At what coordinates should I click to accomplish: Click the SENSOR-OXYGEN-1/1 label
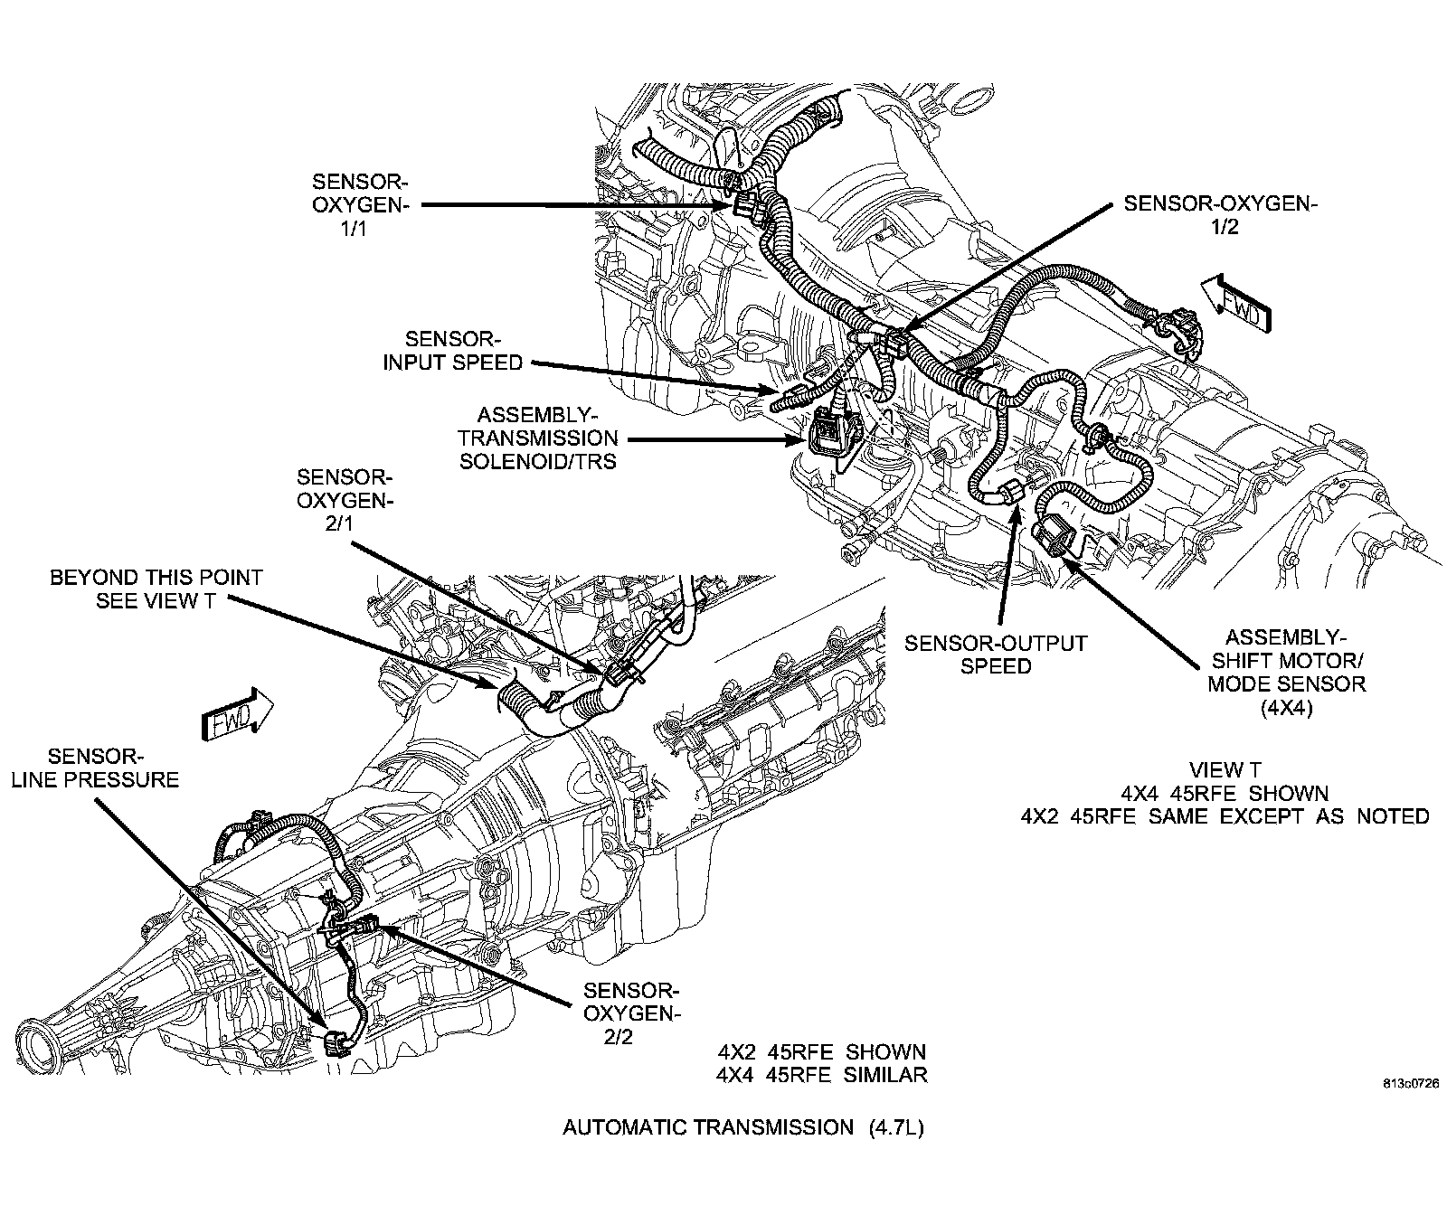click(360, 204)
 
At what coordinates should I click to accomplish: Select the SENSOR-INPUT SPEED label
click(452, 351)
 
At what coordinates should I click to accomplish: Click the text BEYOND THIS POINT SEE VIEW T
click(156, 589)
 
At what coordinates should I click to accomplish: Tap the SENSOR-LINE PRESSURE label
click(94, 768)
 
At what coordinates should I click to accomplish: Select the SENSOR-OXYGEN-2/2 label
click(629, 1013)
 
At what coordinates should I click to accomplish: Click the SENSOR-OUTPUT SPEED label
click(996, 655)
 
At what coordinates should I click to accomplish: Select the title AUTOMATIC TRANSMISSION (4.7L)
click(743, 1127)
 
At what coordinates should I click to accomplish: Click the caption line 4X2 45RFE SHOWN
click(822, 1053)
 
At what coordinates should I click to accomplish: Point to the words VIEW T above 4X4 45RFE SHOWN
click(1225, 770)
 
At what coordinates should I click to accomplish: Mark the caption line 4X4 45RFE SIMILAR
click(822, 1075)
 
